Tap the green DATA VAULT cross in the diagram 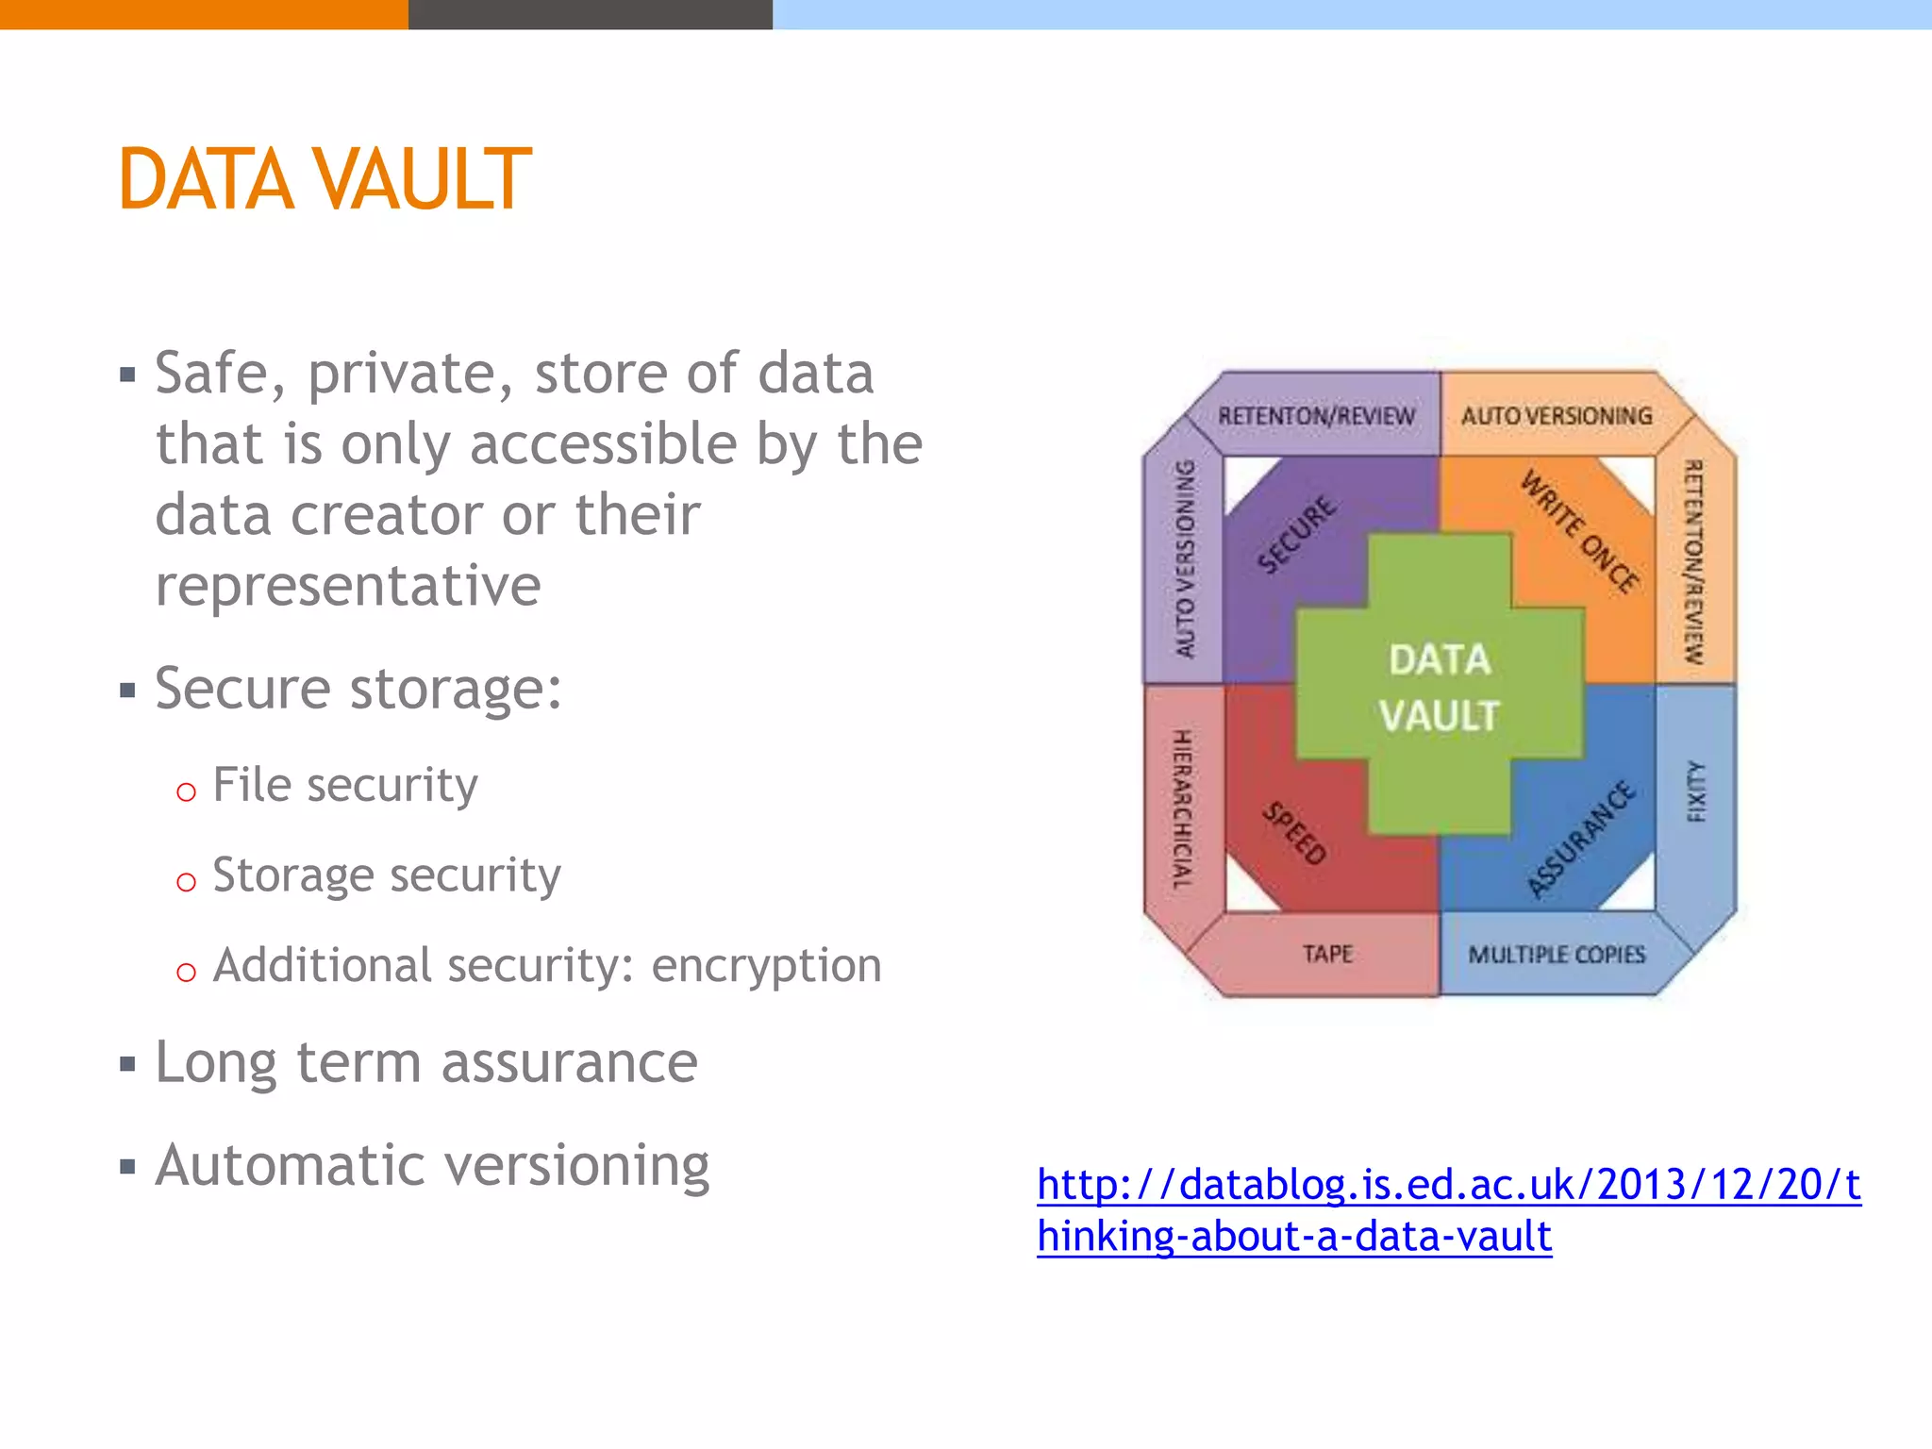coord(1439,687)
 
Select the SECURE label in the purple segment coord(1297,534)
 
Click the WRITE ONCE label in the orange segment coord(1580,532)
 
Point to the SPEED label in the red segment coord(1295,832)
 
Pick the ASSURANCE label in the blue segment coord(1581,838)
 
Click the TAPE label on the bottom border coord(1327,954)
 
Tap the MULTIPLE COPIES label coord(1557,955)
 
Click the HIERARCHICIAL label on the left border coord(1182,809)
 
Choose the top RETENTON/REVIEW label coord(1316,416)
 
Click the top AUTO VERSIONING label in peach coord(1557,416)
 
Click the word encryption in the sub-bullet coord(766,966)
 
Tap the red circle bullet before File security coord(186,791)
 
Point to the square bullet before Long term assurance coord(128,1065)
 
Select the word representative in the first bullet coord(348,585)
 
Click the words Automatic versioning coord(432,1165)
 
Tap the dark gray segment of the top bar coord(590,14)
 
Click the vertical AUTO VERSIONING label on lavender coord(1184,558)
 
